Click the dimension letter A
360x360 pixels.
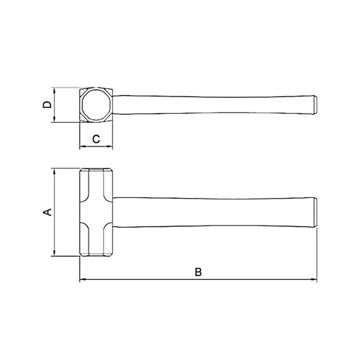48,212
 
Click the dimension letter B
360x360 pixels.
198,272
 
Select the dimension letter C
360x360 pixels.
96,139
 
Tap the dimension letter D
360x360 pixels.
47,105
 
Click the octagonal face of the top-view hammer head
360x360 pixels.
96,105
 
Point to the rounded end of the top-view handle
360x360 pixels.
316,105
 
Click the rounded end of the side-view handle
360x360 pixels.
316,213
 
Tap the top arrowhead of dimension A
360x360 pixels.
54,171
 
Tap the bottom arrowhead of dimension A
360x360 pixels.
54,253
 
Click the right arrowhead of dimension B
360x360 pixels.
313,279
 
